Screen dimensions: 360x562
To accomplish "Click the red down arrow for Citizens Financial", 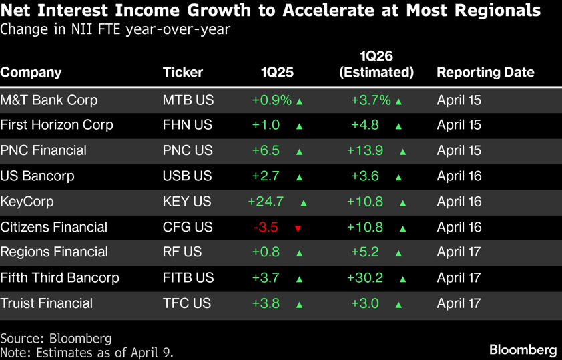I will (298, 228).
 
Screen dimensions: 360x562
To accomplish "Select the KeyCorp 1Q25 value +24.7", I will (266, 202).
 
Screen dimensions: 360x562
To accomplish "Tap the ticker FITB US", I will (188, 278).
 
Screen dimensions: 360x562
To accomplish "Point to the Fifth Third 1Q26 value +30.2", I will (365, 278).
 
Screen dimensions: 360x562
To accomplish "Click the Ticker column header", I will (182, 73).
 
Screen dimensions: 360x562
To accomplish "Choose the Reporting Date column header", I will (485, 73).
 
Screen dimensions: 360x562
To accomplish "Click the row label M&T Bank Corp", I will (49, 100).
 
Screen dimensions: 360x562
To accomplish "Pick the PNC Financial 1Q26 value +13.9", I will (365, 151).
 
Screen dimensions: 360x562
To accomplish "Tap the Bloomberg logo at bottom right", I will (523, 349).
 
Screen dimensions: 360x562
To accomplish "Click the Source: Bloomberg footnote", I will (56, 338).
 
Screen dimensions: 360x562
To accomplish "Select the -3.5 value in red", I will (266, 228).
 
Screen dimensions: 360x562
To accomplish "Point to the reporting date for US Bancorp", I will (459, 176).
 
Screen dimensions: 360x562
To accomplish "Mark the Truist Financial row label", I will (46, 303).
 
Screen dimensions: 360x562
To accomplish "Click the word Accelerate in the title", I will (308, 11).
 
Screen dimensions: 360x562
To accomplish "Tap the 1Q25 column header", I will (277, 73).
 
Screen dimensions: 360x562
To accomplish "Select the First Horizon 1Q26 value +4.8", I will (365, 126).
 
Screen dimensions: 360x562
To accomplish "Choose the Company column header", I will (31, 73).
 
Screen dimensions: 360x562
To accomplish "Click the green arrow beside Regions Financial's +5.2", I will (398, 254).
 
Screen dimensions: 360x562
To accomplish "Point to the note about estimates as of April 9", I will (87, 352).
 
